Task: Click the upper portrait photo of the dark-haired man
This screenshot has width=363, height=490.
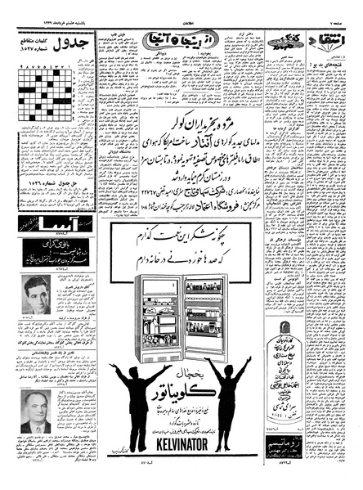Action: (x=36, y=294)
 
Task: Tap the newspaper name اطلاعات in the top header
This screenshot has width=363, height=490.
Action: (x=181, y=7)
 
